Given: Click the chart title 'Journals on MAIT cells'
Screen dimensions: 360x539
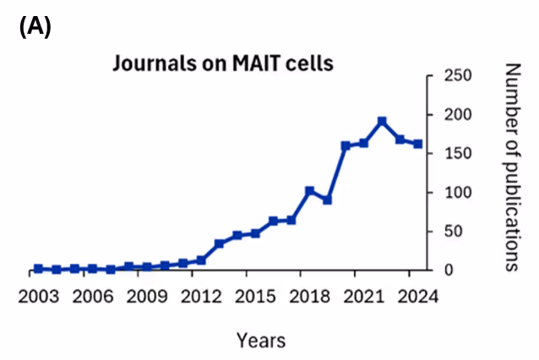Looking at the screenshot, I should [215, 64].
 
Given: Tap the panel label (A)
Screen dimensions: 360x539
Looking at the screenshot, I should [35, 26].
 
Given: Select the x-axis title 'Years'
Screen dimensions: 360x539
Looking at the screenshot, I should [260, 341].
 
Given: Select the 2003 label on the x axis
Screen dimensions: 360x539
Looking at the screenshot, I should [38, 297].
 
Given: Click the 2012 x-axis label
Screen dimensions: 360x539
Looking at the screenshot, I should [200, 297].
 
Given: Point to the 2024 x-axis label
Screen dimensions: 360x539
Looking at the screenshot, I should [417, 297].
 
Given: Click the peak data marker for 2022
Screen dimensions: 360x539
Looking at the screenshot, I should [382, 122].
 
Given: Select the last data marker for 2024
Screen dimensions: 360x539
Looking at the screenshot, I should [418, 145].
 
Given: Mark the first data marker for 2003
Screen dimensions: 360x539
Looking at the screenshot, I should [38, 269].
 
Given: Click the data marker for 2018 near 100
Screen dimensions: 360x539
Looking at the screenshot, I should [309, 191].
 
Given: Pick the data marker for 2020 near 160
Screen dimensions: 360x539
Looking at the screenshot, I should [346, 146].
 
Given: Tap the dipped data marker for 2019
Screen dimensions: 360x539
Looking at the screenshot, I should [328, 200].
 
